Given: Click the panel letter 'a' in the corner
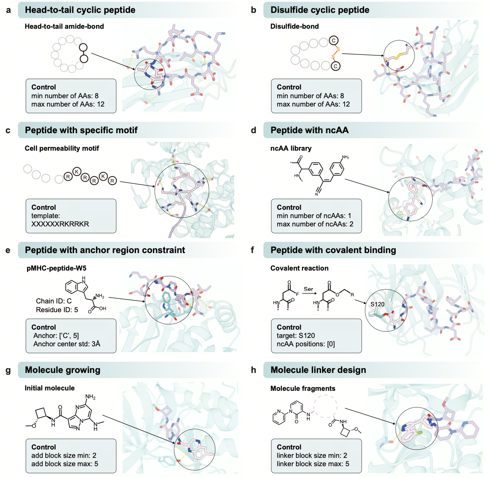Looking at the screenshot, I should (8, 10).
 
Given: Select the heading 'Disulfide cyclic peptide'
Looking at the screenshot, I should (320, 10).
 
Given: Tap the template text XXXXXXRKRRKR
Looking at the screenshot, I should (60, 224).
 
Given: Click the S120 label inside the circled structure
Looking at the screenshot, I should (377, 304).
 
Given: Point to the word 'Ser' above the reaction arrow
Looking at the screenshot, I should (308, 289).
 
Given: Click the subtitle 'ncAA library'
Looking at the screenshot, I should (291, 148).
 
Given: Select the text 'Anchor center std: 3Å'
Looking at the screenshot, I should (67, 344).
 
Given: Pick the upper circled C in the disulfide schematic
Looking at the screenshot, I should (333, 40).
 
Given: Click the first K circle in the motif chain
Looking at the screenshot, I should (76, 171).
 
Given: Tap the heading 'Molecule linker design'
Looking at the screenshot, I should (318, 370).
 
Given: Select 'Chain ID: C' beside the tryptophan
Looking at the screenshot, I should (54, 301).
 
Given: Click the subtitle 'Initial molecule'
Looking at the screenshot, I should (49, 388).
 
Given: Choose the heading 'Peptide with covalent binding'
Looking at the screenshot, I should (333, 250).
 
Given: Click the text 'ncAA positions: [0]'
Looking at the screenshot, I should (306, 344).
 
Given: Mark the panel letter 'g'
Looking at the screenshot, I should (8, 370).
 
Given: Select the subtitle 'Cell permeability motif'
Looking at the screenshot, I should (62, 148).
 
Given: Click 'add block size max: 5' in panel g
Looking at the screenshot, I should (64, 464).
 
